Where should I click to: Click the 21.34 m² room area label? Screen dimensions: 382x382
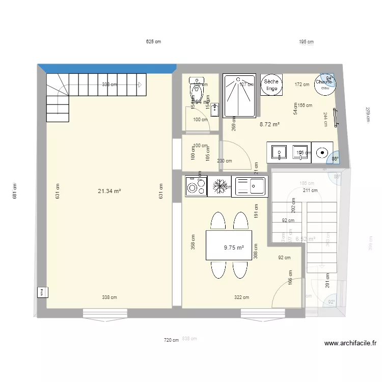[110, 192]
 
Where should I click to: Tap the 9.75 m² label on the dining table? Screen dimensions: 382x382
[234, 248]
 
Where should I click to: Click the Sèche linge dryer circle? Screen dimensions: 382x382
[270, 85]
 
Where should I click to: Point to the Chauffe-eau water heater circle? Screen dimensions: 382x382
[324, 84]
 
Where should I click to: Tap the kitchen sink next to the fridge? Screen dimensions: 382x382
[249, 186]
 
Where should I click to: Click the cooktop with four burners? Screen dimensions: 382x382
[196, 186]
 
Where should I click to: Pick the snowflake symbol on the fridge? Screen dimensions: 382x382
[220, 186]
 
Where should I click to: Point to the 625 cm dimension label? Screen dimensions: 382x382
[153, 42]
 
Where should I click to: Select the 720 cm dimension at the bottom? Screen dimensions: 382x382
[172, 340]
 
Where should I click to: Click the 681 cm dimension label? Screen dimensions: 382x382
[15, 191]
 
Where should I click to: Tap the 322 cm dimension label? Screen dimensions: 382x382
[241, 297]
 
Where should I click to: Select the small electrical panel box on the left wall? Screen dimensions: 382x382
[42, 292]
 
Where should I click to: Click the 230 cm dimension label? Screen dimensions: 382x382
[225, 161]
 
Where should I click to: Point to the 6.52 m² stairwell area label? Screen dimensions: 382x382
[305, 238]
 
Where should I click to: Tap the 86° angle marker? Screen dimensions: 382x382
[335, 158]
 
